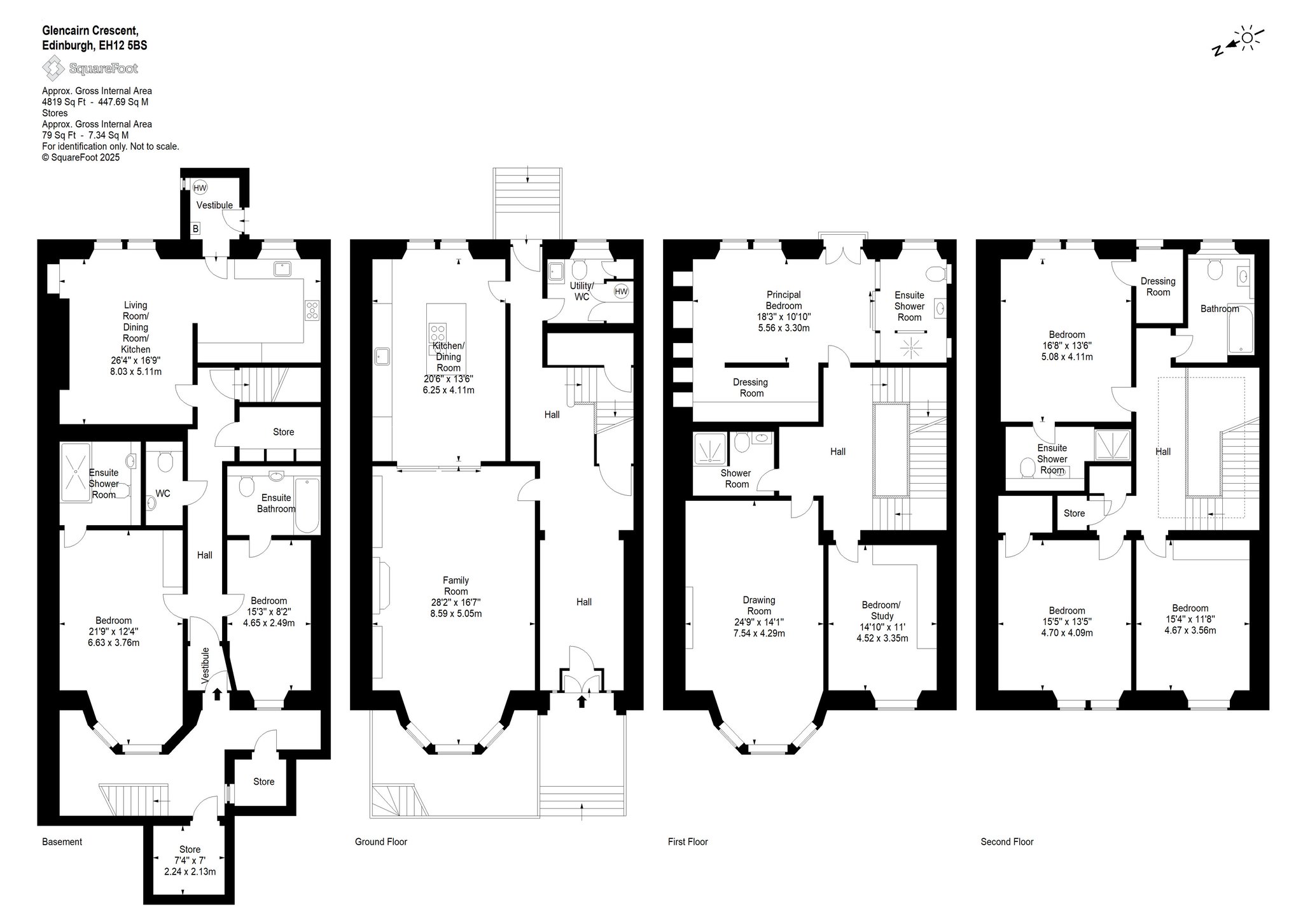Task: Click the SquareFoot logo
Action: (x=90, y=68)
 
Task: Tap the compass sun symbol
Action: (x=1248, y=38)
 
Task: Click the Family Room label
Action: (x=456, y=586)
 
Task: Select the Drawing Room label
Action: (x=758, y=605)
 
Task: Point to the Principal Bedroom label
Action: (x=783, y=300)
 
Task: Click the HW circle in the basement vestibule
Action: (x=200, y=188)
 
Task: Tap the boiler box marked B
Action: (x=195, y=228)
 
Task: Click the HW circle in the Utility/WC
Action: (x=621, y=292)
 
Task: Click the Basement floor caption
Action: (x=62, y=841)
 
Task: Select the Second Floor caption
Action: (x=1007, y=841)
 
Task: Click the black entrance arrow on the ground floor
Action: (x=581, y=701)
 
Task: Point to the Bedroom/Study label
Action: (x=881, y=610)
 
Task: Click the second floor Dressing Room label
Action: (x=1158, y=286)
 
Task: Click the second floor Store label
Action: (x=1074, y=513)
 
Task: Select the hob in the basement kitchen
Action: (x=312, y=311)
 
